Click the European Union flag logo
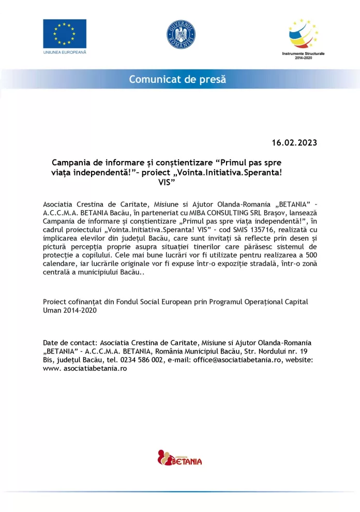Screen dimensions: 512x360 pos(64,34)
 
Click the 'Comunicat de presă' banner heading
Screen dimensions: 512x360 pos(177,79)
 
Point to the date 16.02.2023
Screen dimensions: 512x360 pos(294,142)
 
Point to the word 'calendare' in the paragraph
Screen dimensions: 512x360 pos(59,263)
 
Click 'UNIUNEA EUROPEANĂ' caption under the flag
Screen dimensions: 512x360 pos(65,53)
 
